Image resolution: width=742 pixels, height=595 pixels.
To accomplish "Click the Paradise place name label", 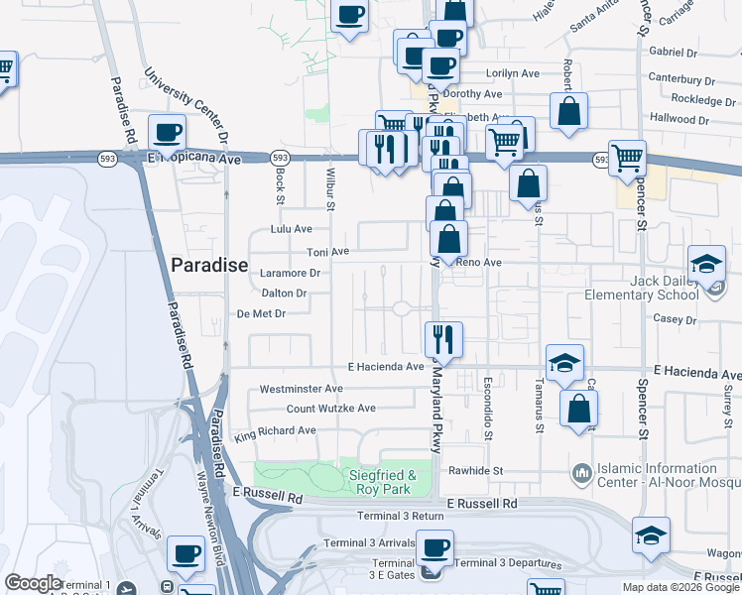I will (208, 265).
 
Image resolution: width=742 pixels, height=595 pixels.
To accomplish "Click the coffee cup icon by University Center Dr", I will (167, 132).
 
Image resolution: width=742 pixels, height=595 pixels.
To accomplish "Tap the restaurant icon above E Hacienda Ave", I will (443, 340).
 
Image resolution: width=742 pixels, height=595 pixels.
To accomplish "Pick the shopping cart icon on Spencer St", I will (627, 158).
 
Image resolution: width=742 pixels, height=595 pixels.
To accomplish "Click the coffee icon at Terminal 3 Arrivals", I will (433, 548).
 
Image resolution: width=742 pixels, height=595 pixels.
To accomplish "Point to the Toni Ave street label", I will (327, 253).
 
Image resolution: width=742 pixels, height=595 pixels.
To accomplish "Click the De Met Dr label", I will (261, 314).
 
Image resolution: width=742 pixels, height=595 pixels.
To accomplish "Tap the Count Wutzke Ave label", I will (331, 409).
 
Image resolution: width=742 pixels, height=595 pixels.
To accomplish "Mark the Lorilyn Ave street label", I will (512, 73).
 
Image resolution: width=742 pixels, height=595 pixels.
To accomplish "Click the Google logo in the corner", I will (33, 583).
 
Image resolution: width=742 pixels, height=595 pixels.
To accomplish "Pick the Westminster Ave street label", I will (302, 389).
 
